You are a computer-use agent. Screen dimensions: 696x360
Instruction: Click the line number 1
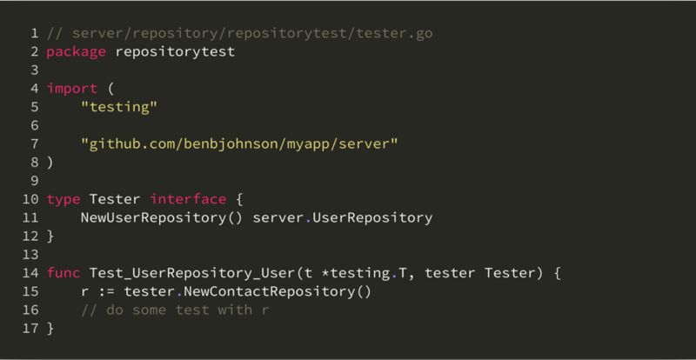click(35, 34)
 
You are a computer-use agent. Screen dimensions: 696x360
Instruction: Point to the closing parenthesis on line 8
click(50, 163)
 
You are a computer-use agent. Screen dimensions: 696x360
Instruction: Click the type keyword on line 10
click(63, 199)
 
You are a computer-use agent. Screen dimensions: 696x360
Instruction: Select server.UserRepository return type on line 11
click(342, 217)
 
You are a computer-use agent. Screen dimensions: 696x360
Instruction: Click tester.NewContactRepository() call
click(248, 291)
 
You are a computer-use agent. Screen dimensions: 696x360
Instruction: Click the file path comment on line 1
click(240, 34)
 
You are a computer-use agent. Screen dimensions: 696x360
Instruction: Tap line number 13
click(31, 255)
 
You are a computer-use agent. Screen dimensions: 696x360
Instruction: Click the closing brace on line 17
click(50, 329)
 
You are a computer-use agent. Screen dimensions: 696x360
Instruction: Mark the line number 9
click(35, 181)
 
